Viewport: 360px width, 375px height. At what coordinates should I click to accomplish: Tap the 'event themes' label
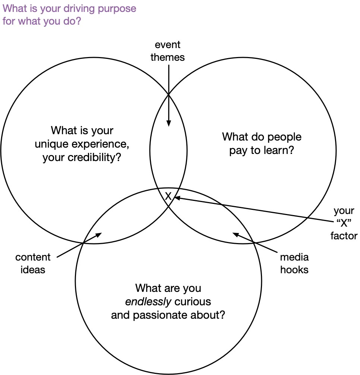[x=168, y=51]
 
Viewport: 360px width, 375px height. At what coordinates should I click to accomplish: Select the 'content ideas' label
[x=33, y=263]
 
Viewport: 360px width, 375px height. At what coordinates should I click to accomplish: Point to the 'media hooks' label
[x=294, y=263]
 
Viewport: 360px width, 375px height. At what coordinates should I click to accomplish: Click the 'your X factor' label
[x=344, y=223]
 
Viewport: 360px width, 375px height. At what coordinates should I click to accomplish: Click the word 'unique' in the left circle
[x=51, y=144]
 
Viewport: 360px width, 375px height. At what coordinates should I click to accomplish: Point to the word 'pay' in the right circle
[x=238, y=151]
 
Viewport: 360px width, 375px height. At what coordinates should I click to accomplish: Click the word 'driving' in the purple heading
[x=85, y=8]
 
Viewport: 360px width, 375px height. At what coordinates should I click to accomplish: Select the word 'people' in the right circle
[x=284, y=137]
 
